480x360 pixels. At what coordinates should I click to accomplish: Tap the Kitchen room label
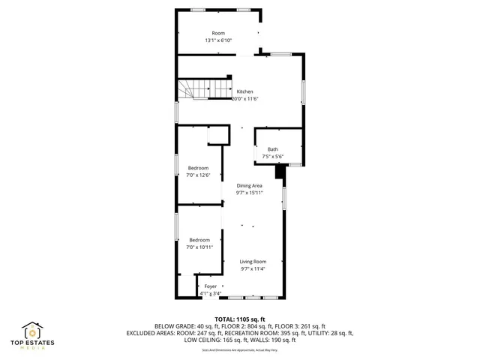tap(244, 91)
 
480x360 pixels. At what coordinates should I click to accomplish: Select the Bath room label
tap(272, 149)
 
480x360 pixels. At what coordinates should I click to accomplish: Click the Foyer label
tap(211, 286)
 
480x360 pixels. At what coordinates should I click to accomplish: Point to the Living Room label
tap(253, 261)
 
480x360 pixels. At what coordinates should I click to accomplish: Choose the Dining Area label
tap(249, 185)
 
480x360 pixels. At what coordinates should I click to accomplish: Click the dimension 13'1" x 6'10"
tap(218, 40)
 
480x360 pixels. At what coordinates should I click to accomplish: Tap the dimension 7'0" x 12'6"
tap(198, 175)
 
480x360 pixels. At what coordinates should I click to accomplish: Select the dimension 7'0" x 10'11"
tap(199, 247)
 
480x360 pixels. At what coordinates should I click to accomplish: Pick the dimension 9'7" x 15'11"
tap(249, 193)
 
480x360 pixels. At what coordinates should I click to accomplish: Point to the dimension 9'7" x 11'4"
tap(253, 268)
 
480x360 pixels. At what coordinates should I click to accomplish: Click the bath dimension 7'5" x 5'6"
tap(272, 156)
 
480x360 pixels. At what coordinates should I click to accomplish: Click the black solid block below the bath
tap(280, 172)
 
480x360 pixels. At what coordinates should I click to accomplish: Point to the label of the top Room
tap(218, 33)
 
